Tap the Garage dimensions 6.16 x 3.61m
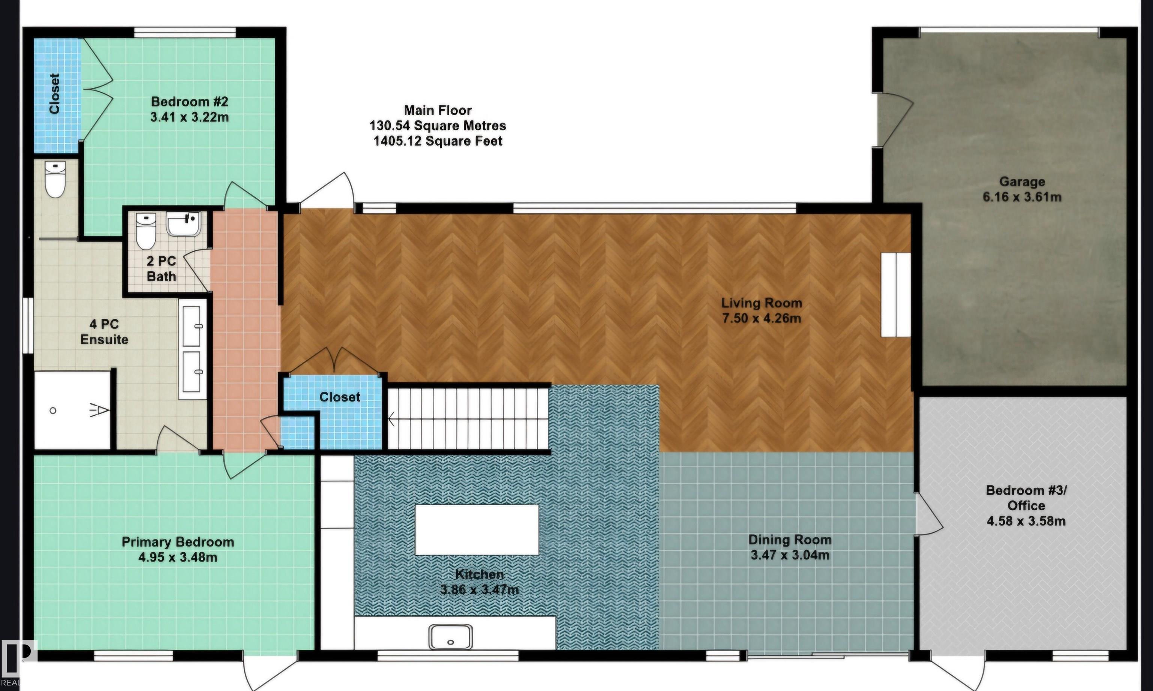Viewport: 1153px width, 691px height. [x=1022, y=197]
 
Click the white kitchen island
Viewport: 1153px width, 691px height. [x=476, y=529]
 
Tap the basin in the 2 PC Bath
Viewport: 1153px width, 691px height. [x=184, y=224]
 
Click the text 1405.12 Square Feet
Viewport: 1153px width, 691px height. [x=438, y=141]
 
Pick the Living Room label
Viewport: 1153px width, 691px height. [x=761, y=303]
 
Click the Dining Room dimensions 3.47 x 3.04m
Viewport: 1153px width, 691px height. [x=790, y=555]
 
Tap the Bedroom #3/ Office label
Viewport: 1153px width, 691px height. [x=1026, y=498]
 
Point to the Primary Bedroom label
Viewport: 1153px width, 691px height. [x=178, y=542]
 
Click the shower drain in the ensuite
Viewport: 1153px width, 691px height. [x=53, y=410]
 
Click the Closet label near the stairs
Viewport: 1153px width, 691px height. [x=340, y=397]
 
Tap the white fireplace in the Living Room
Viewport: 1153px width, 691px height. [x=895, y=295]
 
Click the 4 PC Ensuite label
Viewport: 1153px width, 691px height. [x=104, y=332]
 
